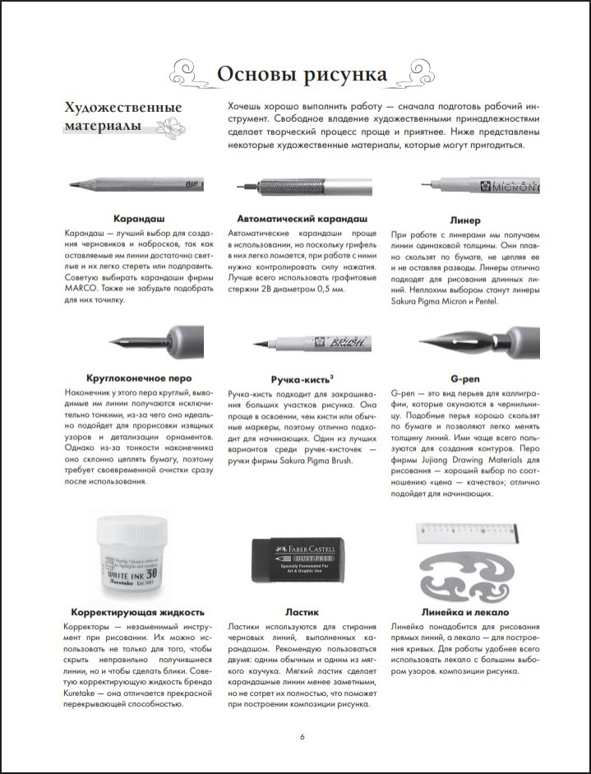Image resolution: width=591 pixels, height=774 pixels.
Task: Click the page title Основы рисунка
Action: pyautogui.click(x=302, y=74)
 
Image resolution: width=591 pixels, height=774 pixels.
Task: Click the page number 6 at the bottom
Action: pyautogui.click(x=302, y=735)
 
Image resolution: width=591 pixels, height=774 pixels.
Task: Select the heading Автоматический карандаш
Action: pyautogui.click(x=302, y=220)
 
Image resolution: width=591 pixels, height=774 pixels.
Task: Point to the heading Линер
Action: pyautogui.click(x=465, y=220)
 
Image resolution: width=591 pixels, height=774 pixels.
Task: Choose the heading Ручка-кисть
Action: pyautogui.click(x=300, y=378)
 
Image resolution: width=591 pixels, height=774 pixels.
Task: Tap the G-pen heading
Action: pyautogui.click(x=465, y=378)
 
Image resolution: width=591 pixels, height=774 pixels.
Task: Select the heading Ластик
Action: pyautogui.click(x=302, y=612)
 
